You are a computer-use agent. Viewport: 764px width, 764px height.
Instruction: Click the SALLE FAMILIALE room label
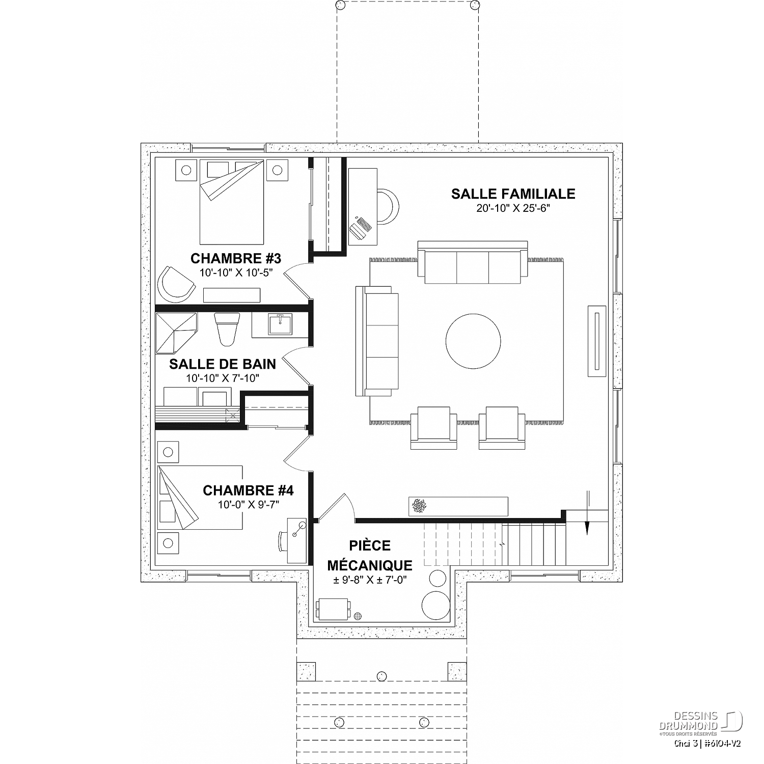(513, 194)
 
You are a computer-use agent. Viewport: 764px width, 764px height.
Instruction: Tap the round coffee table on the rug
(473, 342)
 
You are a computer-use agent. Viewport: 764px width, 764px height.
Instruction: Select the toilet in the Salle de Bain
(227, 329)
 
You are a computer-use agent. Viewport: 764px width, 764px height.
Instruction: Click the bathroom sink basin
(280, 324)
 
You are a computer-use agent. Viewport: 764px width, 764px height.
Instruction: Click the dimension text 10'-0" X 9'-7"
(248, 504)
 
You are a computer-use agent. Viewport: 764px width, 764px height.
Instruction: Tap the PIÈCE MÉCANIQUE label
(370, 555)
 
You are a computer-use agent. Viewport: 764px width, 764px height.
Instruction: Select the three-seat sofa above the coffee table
(473, 262)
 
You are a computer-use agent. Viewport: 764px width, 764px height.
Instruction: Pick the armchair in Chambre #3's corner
(175, 283)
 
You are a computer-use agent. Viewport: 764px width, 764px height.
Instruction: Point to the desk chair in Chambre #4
(283, 541)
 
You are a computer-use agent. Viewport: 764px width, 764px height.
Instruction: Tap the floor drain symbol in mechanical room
(358, 615)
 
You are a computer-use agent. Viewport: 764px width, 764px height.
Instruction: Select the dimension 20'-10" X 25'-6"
(513, 208)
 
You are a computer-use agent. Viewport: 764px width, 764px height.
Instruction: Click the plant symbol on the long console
(420, 505)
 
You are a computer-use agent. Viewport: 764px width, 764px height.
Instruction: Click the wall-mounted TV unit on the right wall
(597, 341)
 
